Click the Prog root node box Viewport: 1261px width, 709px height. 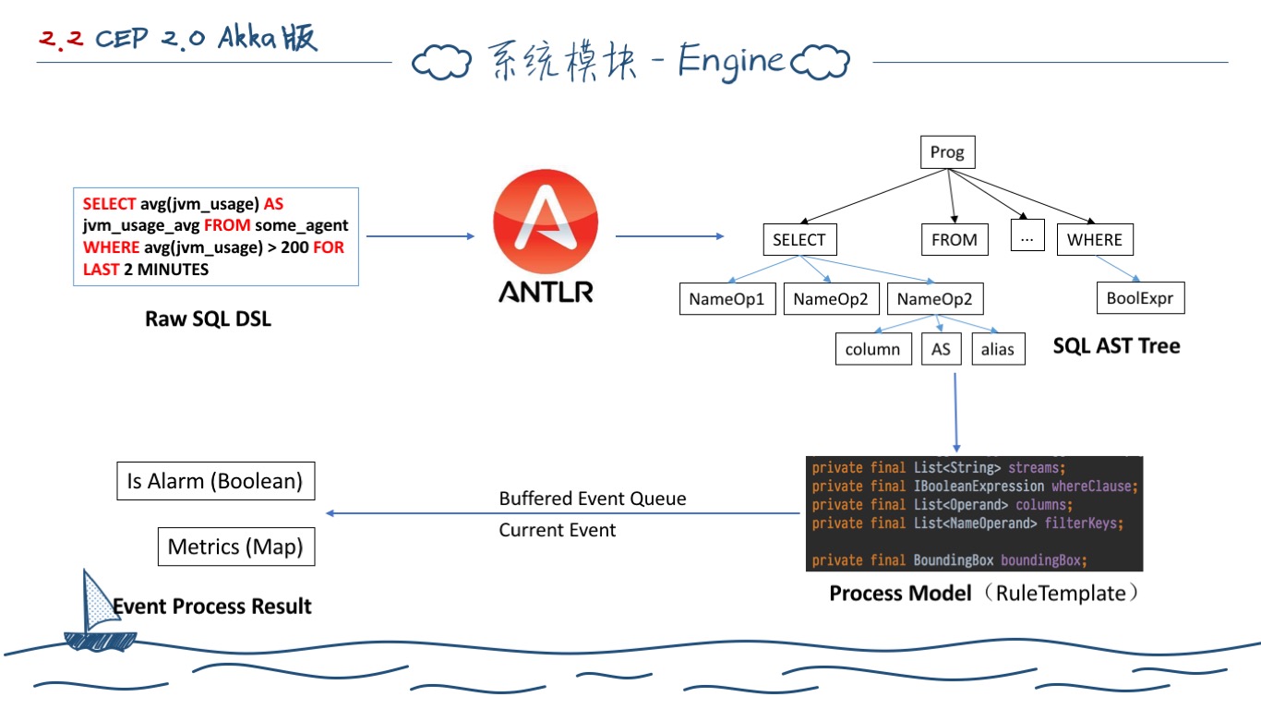947,152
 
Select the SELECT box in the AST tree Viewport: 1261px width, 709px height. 799,240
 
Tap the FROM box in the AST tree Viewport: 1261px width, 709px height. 954,240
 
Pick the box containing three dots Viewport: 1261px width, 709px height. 1027,240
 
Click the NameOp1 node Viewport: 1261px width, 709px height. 727,299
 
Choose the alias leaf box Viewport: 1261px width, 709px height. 998,349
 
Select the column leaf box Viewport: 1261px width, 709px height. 872,349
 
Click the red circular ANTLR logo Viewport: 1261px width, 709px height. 545,227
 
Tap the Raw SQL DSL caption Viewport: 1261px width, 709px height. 209,319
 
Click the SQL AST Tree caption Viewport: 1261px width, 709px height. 1116,346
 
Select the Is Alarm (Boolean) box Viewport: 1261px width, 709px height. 215,481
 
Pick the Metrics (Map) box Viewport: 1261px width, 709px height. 235,547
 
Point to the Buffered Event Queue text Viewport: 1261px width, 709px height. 593,499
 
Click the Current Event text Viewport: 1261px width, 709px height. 558,530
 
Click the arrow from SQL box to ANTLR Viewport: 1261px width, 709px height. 420,236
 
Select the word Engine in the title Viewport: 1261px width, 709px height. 730,61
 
